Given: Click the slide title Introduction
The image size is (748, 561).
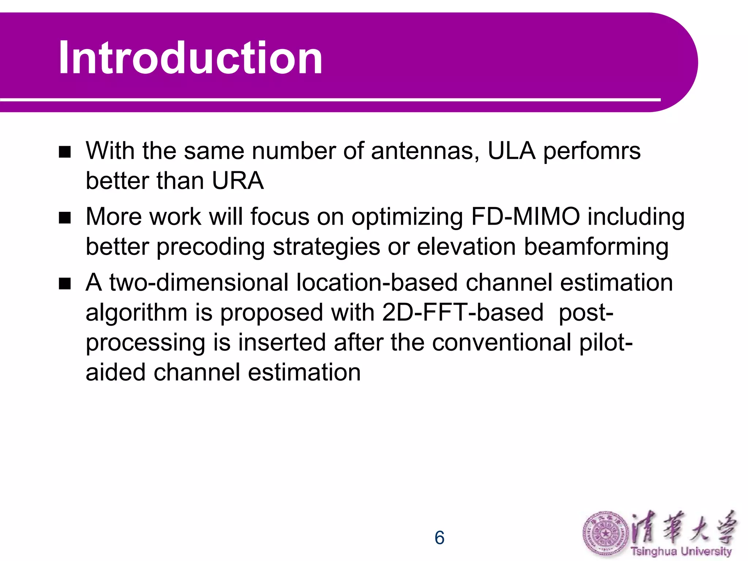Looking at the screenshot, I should (x=190, y=58).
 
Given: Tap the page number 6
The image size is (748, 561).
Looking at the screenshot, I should (x=439, y=538).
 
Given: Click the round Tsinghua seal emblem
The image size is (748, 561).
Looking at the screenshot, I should (x=606, y=534).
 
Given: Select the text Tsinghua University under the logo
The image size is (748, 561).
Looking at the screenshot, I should (x=681, y=551).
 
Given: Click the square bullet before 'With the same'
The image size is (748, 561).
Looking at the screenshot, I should (x=65, y=152).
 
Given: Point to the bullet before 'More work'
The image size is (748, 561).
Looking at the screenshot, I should (x=65, y=218).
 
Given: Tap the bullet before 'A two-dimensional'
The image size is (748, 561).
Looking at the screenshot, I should (x=65, y=283).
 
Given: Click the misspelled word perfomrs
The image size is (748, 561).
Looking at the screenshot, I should (x=592, y=151).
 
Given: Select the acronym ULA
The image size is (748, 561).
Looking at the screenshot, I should (x=511, y=151).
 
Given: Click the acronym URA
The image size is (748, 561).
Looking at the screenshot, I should (x=237, y=181).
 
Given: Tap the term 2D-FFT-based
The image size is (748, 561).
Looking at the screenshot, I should (x=463, y=313).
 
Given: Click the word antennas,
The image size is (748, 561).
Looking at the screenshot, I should (x=425, y=151).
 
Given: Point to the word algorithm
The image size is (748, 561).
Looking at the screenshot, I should (x=136, y=313).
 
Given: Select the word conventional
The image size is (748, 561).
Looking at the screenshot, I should (x=502, y=343).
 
